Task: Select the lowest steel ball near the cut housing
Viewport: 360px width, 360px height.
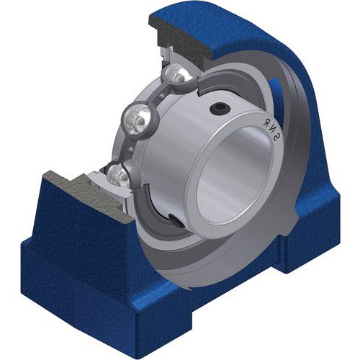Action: point(116,174)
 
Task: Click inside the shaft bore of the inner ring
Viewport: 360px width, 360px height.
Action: point(235,174)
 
